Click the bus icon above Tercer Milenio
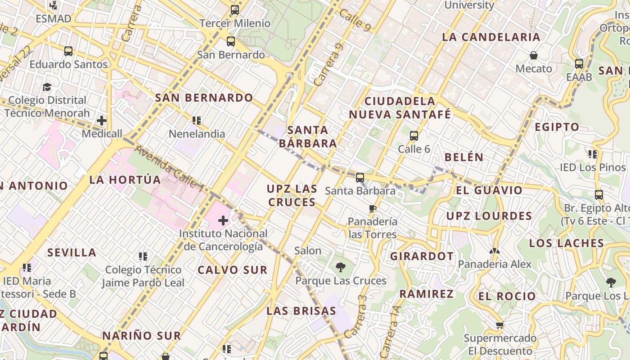click(x=234, y=9)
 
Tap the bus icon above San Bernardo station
click(x=231, y=41)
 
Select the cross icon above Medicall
click(x=102, y=120)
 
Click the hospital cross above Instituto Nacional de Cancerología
click(x=223, y=220)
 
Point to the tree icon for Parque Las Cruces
click(x=341, y=267)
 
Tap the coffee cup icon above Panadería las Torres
click(x=372, y=208)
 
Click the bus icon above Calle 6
click(x=414, y=135)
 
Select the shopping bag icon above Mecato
click(x=534, y=55)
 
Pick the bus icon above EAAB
click(x=579, y=63)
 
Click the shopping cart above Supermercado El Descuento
click(x=499, y=325)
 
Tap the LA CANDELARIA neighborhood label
click(x=491, y=37)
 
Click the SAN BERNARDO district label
click(x=204, y=98)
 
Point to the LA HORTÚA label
click(x=125, y=180)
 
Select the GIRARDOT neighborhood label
click(x=422, y=256)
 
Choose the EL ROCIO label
click(x=507, y=296)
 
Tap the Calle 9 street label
click(x=355, y=20)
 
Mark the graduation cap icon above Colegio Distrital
click(x=47, y=87)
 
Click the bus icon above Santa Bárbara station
click(x=360, y=177)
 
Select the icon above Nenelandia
click(x=197, y=120)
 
